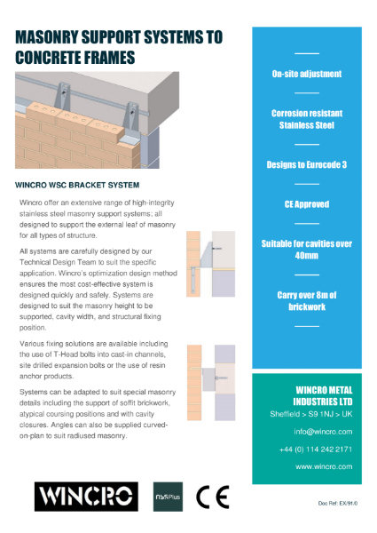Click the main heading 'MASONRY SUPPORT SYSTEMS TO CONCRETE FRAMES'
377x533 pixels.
[120, 47]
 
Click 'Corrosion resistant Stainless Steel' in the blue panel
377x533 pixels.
[307, 120]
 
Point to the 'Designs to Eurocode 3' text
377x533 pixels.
[307, 165]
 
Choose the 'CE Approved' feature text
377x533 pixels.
[307, 203]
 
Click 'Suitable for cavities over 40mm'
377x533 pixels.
[307, 249]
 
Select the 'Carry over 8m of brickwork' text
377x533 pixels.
[307, 300]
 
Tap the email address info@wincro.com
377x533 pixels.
[324, 432]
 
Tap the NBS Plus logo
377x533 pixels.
[169, 496]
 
